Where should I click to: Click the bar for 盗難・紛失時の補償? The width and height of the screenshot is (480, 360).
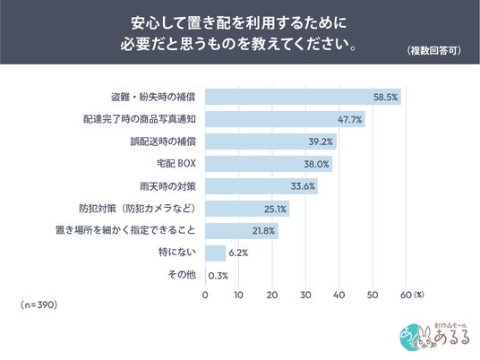point(303,97)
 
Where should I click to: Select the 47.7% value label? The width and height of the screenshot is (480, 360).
point(349,119)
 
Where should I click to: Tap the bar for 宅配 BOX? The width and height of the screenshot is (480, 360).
point(269,164)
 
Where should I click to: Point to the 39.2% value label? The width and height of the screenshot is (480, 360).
point(321,141)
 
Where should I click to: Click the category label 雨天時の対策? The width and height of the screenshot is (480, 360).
point(167,186)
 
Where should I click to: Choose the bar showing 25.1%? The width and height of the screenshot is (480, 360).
point(247,209)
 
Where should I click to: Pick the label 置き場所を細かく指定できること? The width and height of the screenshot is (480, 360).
point(125,230)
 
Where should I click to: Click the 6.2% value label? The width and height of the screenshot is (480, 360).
point(238,253)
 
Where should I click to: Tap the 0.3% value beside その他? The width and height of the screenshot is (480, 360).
point(218,276)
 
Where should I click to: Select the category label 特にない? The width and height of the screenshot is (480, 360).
point(177,253)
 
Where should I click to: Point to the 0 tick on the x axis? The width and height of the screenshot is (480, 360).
point(205,296)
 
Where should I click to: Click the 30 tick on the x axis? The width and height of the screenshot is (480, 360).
point(305,296)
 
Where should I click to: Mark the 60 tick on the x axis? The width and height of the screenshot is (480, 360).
point(406,296)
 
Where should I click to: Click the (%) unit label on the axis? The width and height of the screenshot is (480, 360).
point(419,295)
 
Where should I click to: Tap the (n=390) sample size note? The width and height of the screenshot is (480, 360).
point(39,304)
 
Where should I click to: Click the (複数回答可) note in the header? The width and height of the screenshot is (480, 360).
point(434,50)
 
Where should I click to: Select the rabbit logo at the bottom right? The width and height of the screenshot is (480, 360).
point(434,337)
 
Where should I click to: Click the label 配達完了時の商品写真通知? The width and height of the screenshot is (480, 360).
point(140,119)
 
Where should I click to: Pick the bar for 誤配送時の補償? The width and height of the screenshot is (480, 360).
point(271,141)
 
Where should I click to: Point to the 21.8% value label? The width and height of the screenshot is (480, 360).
point(263,231)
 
